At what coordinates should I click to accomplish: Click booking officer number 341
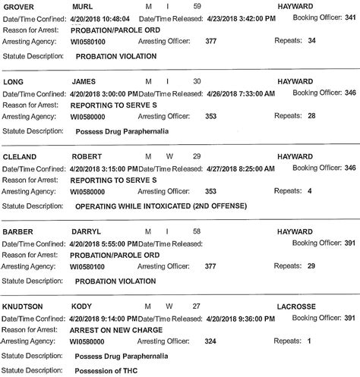click(349, 17)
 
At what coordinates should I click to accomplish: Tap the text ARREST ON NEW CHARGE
click(117, 329)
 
